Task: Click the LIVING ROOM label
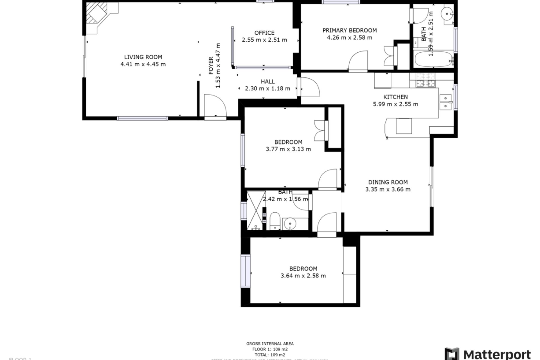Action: click(x=143, y=57)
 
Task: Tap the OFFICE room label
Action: click(x=264, y=33)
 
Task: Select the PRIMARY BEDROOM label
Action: click(x=350, y=30)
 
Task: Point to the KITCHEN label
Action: click(x=395, y=97)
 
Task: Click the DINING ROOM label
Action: click(x=388, y=182)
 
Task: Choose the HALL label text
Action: click(x=267, y=82)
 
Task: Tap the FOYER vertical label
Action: click(x=211, y=66)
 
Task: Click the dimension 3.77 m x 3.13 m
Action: click(x=288, y=149)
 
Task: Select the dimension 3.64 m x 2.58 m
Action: click(x=303, y=276)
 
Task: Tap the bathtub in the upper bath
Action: click(x=433, y=59)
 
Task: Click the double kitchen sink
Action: click(x=445, y=102)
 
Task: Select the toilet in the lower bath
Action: click(x=274, y=221)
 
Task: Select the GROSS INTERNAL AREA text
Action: click(x=270, y=343)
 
